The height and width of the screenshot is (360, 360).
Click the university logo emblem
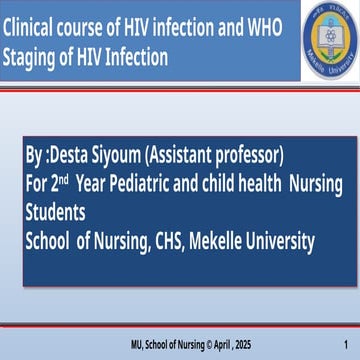pyautogui.click(x=329, y=40)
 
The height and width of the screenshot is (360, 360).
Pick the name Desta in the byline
pyautogui.click(x=69, y=155)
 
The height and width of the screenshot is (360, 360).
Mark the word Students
pyautogui.click(x=55, y=212)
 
